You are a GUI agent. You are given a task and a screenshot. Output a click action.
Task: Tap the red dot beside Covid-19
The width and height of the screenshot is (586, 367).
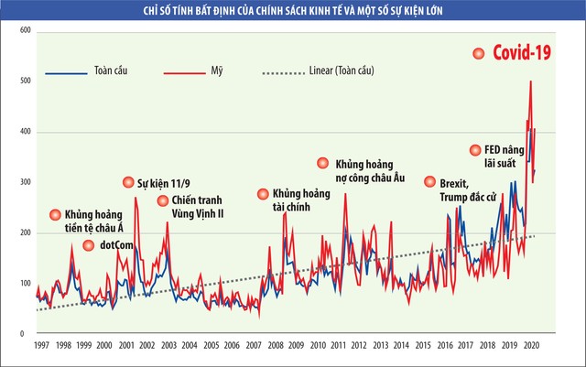(x=478, y=54)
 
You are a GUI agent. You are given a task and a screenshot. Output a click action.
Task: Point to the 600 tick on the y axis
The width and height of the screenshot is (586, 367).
(x=25, y=32)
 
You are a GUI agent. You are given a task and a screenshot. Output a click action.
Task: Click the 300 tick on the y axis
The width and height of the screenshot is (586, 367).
(x=25, y=183)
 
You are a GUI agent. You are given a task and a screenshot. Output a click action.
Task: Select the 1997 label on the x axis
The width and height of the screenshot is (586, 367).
(x=41, y=346)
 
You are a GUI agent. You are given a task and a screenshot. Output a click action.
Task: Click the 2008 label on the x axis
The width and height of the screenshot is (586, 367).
(x=274, y=346)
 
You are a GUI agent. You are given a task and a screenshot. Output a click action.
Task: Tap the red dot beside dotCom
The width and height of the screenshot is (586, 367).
(x=89, y=245)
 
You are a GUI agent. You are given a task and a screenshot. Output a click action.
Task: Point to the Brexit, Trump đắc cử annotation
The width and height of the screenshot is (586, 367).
(x=462, y=189)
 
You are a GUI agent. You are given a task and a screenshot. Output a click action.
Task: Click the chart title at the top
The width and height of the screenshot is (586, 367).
(x=292, y=11)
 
